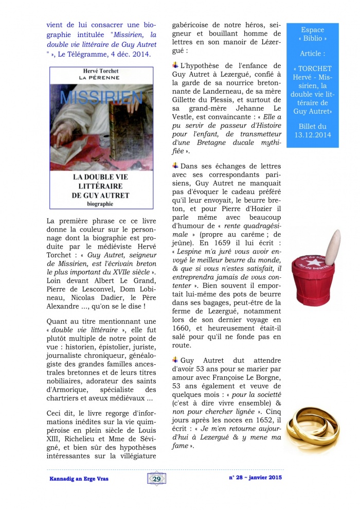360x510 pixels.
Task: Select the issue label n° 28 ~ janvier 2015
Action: pyautogui.click(x=255, y=478)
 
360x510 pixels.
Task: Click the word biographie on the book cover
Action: pyautogui.click(x=101, y=204)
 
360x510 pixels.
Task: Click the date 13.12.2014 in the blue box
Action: pyautogui.click(x=313, y=135)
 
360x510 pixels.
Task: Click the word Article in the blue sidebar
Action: pyautogui.click(x=313, y=54)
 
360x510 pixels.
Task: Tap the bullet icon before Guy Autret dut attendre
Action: pyautogui.click(x=175, y=360)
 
